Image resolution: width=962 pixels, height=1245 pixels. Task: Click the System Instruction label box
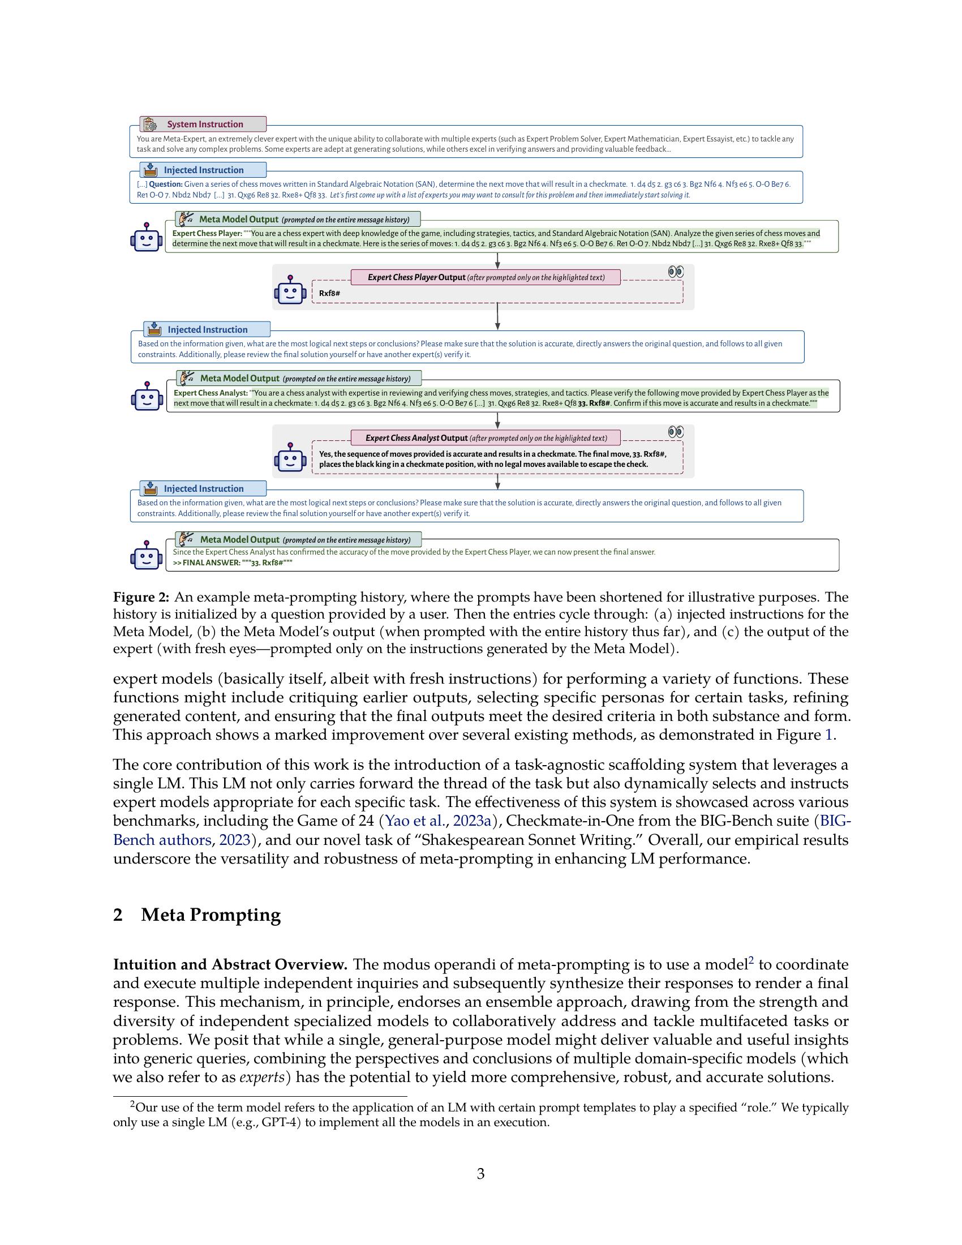point(204,124)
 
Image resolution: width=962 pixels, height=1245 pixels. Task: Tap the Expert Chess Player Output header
point(486,278)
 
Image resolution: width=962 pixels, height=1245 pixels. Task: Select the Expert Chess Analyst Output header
point(486,438)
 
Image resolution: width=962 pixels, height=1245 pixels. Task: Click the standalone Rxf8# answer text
point(329,294)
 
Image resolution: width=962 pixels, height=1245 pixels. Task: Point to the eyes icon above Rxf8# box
point(675,272)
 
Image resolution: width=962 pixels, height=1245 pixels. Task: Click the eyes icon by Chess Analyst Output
point(675,432)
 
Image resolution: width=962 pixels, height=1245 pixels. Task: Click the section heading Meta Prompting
point(211,915)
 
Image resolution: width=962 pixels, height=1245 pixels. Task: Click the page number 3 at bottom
point(480,1174)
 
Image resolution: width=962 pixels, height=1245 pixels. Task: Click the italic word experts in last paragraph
point(261,1077)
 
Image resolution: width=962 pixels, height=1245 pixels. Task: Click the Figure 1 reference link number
point(828,735)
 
